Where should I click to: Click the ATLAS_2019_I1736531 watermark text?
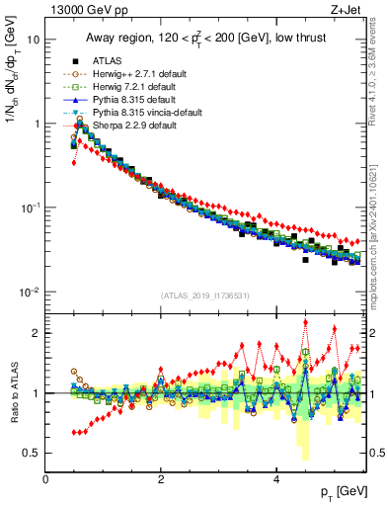coord(204,295)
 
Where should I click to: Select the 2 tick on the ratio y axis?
coord(36,333)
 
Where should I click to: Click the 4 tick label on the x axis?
coord(275,478)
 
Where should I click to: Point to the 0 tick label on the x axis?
coord(46,478)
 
